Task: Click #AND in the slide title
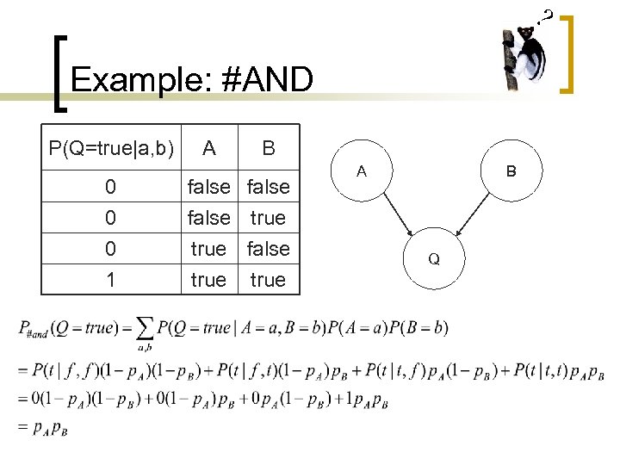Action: [267, 80]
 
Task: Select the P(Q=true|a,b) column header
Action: [112, 148]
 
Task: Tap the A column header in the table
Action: [208, 148]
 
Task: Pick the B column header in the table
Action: [269, 148]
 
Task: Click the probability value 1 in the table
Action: [110, 280]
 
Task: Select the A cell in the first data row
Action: [208, 186]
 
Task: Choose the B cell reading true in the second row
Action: [268, 218]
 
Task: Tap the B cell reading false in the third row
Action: [268, 249]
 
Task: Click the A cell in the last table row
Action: [208, 280]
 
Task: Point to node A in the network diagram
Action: [363, 171]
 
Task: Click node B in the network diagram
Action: [511, 171]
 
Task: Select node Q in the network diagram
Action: [435, 258]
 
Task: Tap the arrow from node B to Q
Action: [473, 214]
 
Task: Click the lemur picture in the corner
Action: [526, 57]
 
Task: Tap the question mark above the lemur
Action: [546, 15]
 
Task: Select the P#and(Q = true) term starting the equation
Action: [69, 329]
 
